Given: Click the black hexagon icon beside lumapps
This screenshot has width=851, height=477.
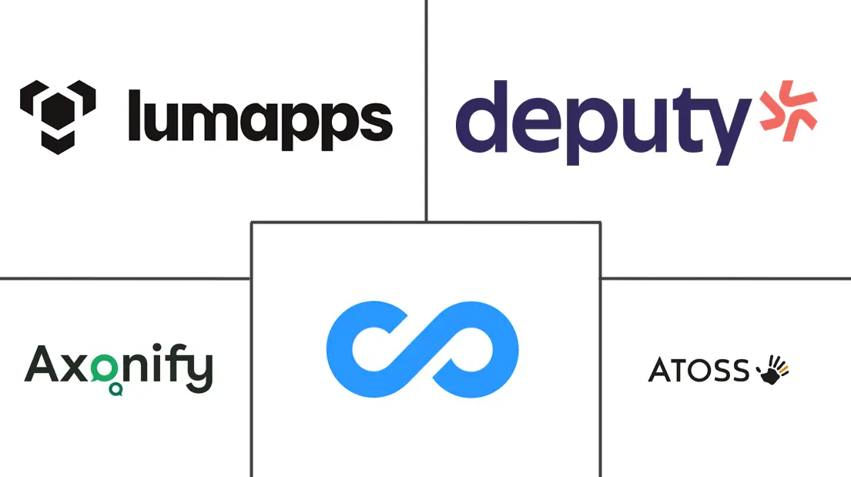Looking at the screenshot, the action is pos(58,117).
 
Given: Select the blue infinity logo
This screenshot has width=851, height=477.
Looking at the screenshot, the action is pos(422,349).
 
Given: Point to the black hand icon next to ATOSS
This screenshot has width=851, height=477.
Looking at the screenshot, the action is pos(773,370).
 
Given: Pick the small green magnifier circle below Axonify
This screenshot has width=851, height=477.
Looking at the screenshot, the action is pos(116,389).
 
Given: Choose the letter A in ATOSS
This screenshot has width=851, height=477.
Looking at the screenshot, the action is pos(660,370).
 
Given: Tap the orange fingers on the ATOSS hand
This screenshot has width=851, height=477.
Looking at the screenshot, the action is pos(784,368).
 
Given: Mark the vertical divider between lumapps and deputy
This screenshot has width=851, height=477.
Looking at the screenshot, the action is pos(427,111).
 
